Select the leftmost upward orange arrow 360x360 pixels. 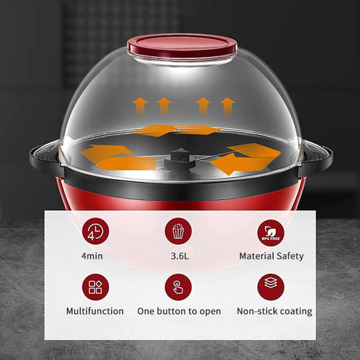[x=140, y=105]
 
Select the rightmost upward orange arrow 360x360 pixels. [x=228, y=105]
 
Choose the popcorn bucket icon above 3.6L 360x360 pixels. [x=178, y=231]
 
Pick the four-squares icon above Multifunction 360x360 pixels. [x=95, y=287]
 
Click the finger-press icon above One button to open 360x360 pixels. [x=178, y=287]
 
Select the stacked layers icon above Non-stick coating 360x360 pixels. [x=270, y=287]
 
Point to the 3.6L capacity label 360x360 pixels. [x=178, y=256]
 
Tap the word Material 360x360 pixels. [x=257, y=256]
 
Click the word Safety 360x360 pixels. [x=290, y=257]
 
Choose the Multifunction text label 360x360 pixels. [x=95, y=311]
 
